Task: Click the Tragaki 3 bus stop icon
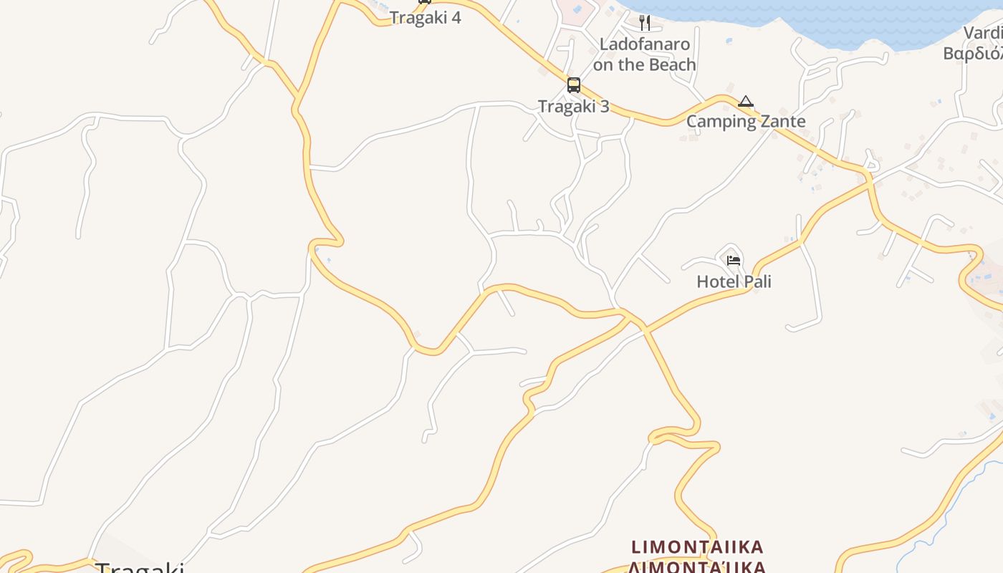coord(573,85)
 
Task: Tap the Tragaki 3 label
coord(573,107)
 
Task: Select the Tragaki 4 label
coord(425,18)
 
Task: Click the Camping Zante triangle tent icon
coord(746,102)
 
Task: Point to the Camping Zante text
coord(746,121)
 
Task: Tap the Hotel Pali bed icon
coord(733,260)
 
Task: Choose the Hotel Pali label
coord(734,281)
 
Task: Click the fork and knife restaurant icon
coord(644,23)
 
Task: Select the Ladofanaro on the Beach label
coord(644,54)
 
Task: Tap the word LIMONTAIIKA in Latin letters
coord(697,548)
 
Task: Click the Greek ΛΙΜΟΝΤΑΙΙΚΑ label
coord(697,567)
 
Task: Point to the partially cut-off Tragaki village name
coord(140,568)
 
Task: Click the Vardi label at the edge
coord(983,33)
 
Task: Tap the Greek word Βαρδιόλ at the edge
coord(973,54)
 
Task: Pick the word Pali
coord(755,281)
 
